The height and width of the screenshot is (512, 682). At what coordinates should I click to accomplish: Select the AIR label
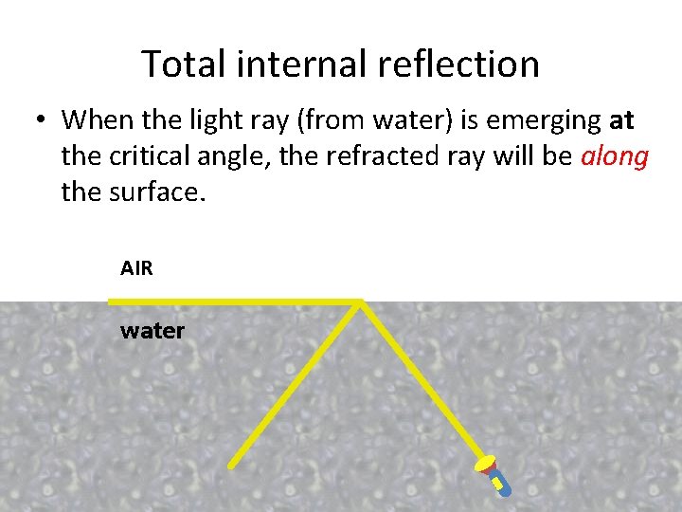tap(136, 268)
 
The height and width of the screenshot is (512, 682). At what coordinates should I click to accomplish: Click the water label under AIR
tap(153, 331)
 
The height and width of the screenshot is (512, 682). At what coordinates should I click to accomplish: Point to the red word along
tap(614, 156)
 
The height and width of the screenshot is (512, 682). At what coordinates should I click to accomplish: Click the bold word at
tap(622, 120)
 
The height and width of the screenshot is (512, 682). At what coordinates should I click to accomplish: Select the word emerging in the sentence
tap(539, 121)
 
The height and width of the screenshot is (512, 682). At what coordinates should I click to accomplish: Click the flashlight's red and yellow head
tap(487, 464)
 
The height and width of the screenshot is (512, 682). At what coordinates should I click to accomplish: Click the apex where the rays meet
tap(361, 302)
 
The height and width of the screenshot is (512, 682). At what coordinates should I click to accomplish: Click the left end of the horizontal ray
tap(112, 302)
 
